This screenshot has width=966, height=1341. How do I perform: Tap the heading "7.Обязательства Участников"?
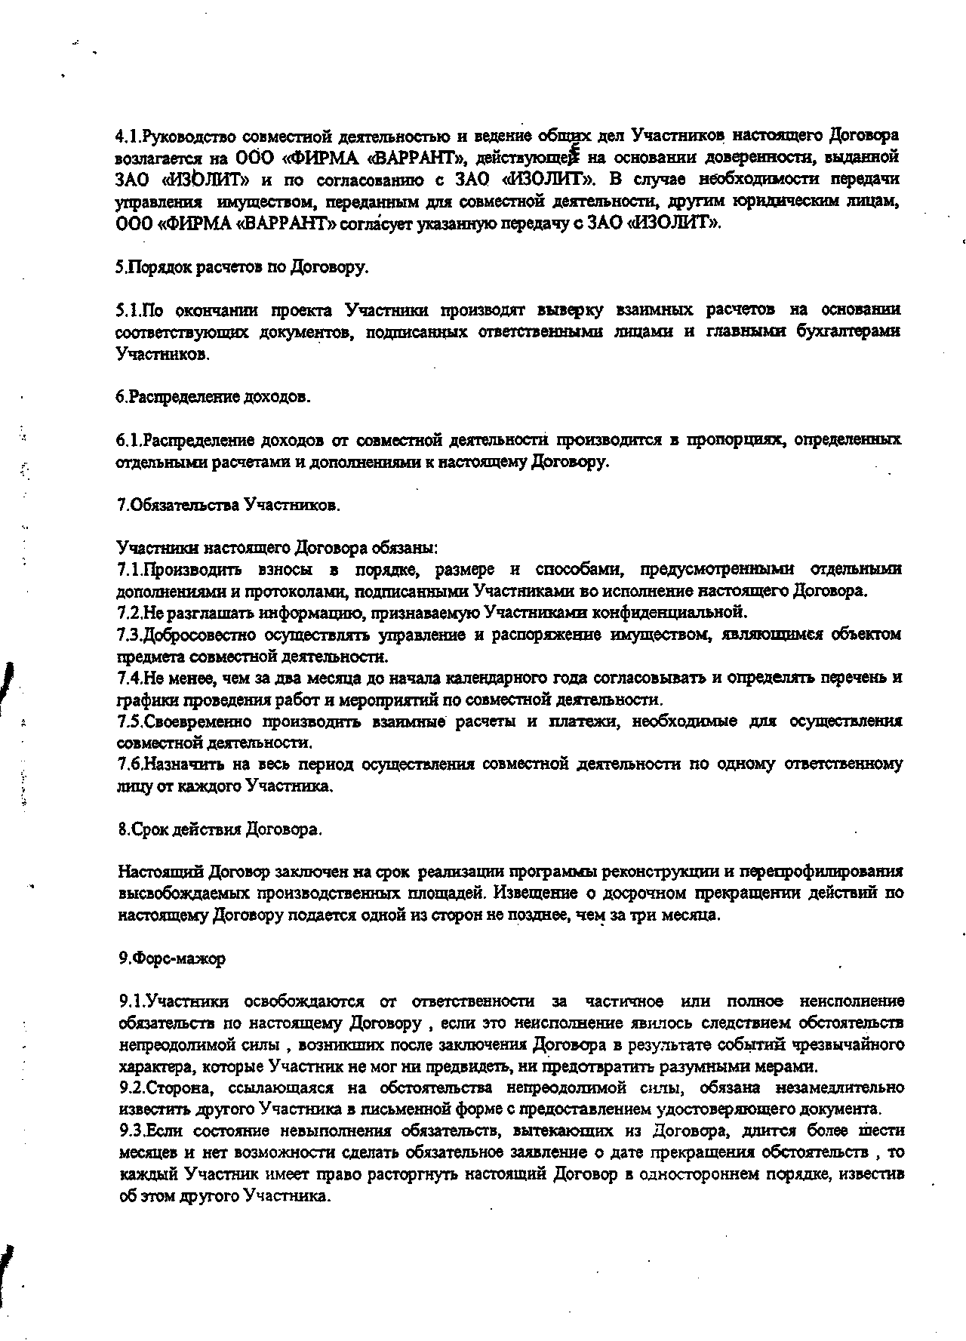point(229,505)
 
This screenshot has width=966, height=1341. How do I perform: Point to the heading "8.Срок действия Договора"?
point(220,829)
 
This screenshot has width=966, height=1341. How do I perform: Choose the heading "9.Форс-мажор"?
point(172,958)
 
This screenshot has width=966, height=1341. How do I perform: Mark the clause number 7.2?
point(130,612)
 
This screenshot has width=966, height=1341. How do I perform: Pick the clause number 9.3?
point(132,1131)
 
